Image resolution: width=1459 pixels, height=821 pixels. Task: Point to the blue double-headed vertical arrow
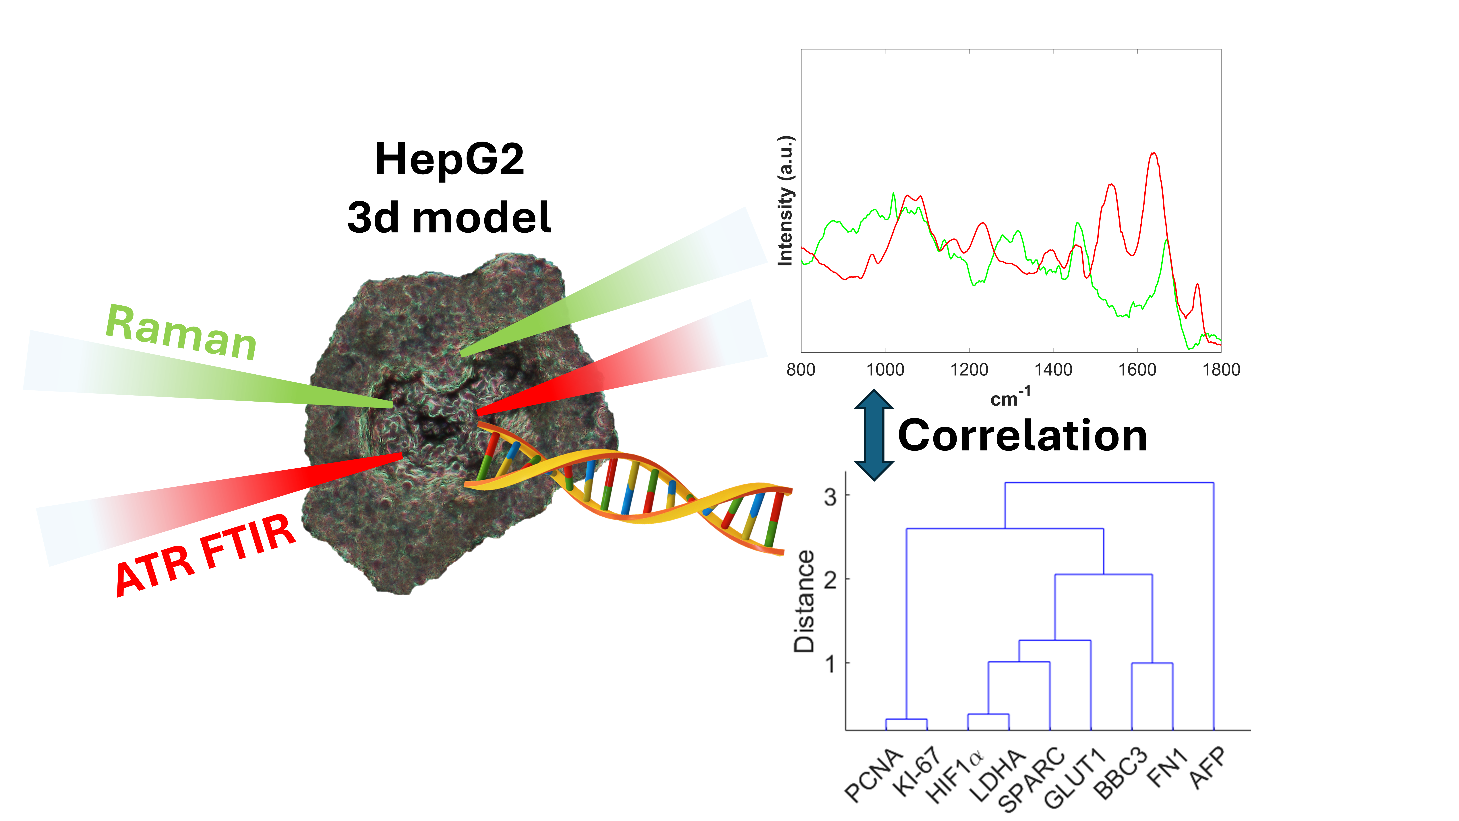tap(874, 435)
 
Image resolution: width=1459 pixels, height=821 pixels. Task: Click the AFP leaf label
tap(1208, 769)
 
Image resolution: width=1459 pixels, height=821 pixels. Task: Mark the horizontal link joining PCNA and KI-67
tap(906, 720)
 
